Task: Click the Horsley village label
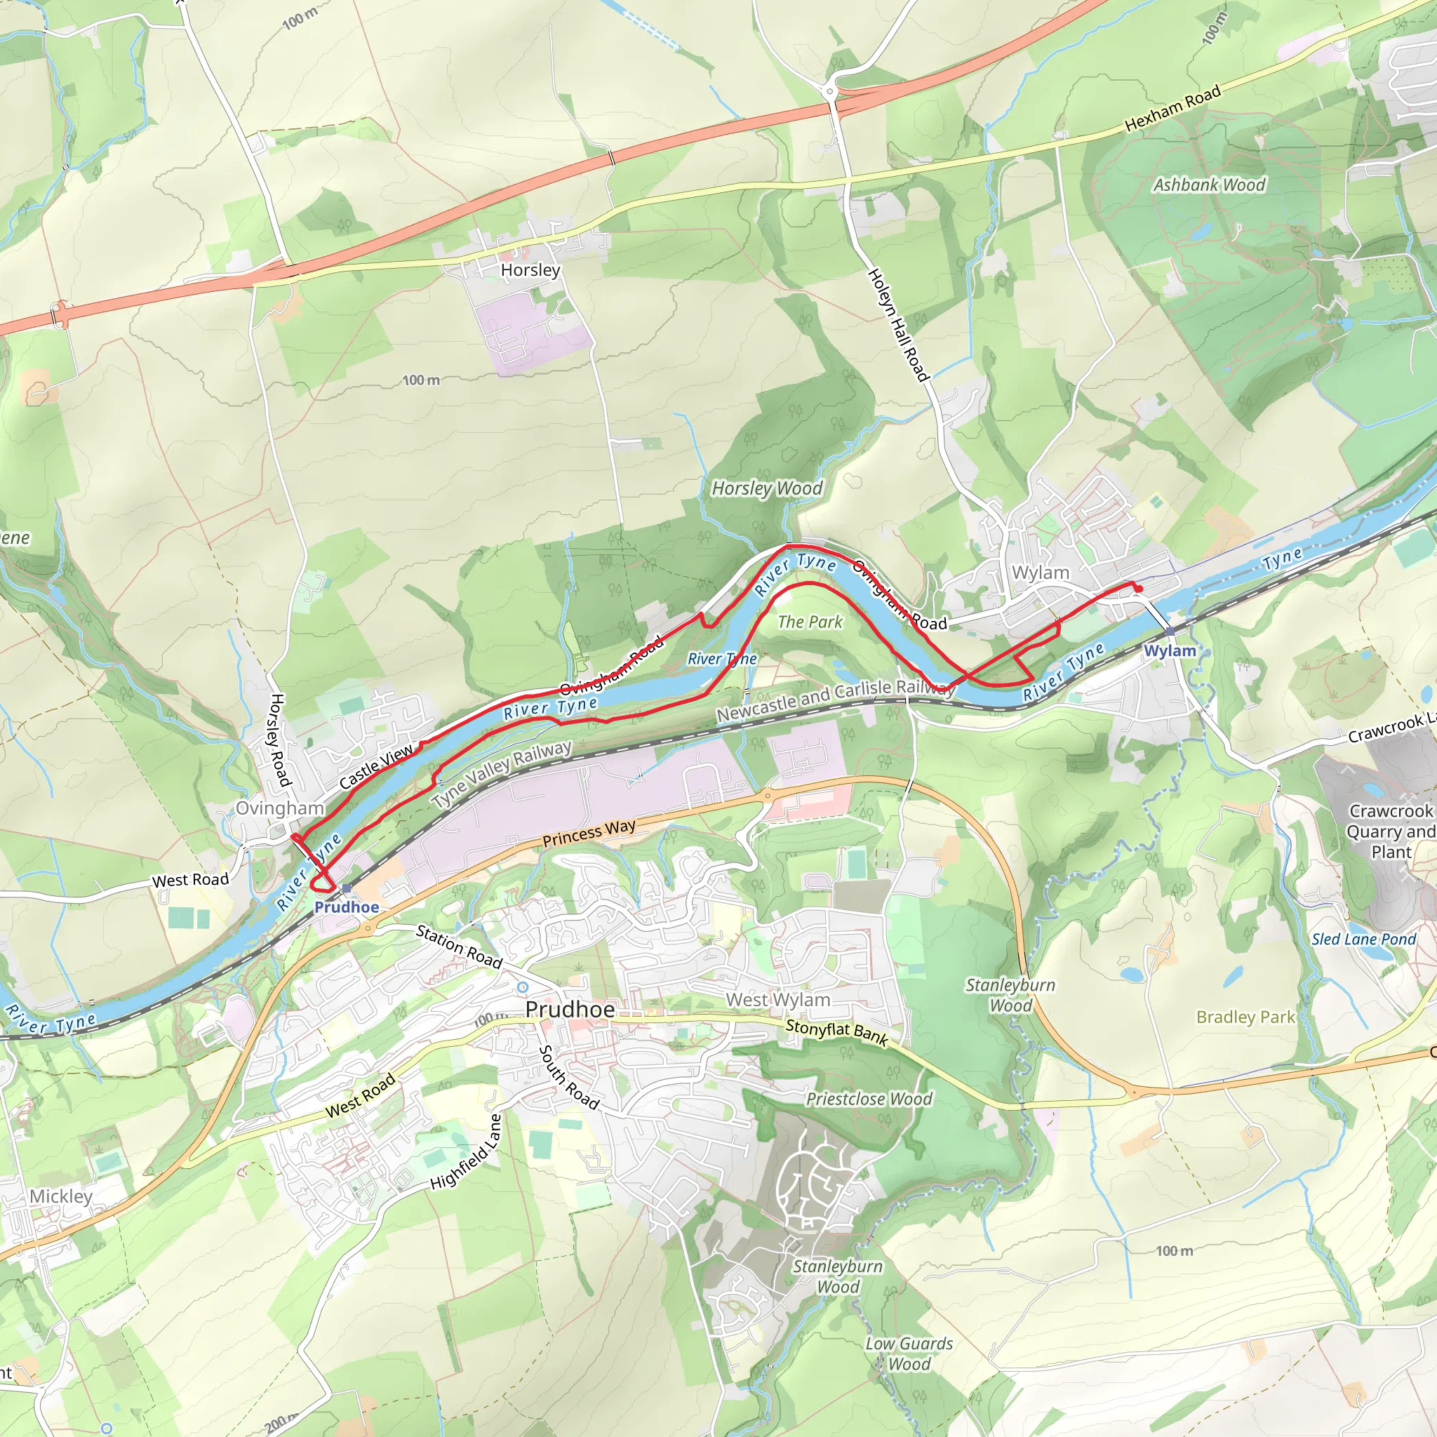point(530,270)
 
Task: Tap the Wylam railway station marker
point(1170,631)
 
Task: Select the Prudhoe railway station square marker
point(347,888)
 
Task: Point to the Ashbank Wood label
point(1209,185)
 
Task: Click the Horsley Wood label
point(767,488)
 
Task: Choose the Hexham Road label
point(1172,109)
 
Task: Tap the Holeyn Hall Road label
point(899,326)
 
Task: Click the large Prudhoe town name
point(570,1009)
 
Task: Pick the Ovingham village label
point(280,808)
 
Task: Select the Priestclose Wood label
point(869,1100)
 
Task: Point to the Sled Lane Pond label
point(1363,940)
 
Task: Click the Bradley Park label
point(1245,1017)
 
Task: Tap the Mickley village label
point(61,1196)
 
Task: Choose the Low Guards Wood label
point(909,1354)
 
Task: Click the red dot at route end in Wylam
point(1139,589)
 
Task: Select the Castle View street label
point(375,767)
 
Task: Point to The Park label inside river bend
point(810,622)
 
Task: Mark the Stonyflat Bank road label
point(837,1032)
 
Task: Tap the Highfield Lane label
point(467,1152)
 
